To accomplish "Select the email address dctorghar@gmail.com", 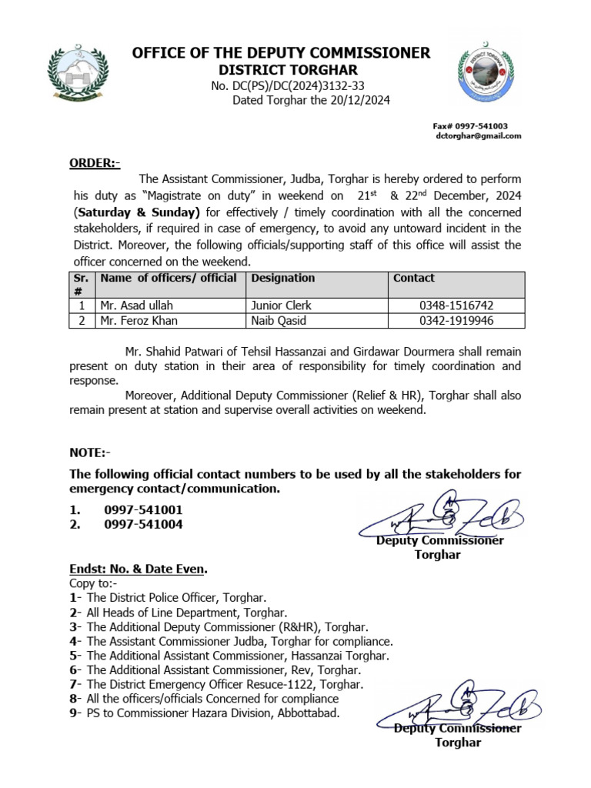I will pos(479,135).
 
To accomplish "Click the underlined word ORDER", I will pos(92,163).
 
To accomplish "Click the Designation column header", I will pos(283,278).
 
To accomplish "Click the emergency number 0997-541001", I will pos(143,509).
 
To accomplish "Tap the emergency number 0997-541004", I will pos(143,525).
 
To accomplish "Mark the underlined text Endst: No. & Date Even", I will pos(139,569).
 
